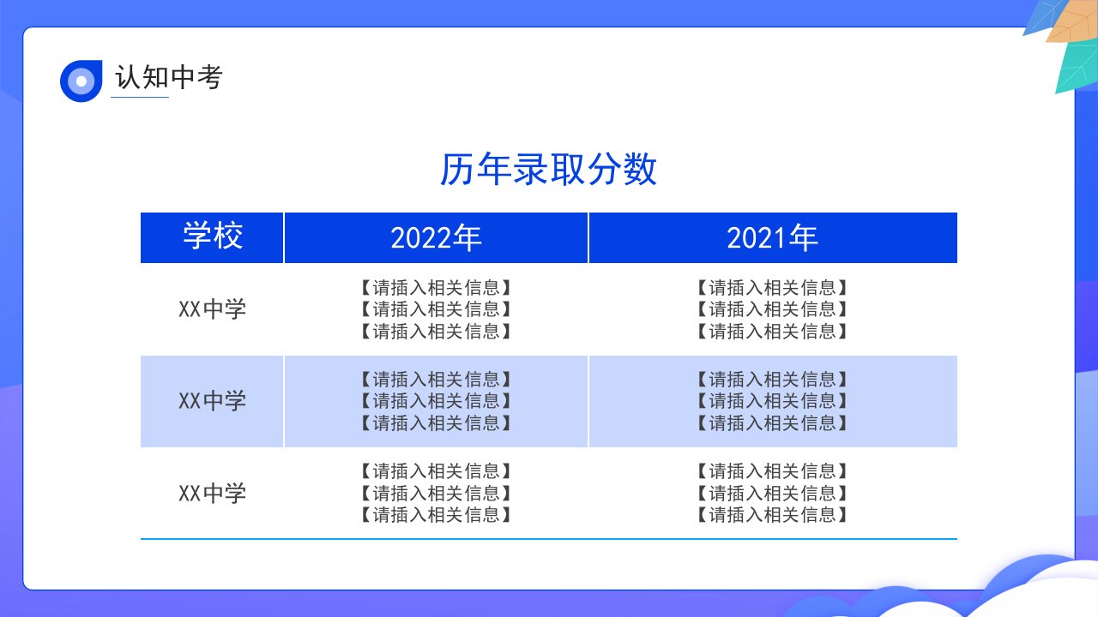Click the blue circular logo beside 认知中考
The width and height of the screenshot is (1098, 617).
81,81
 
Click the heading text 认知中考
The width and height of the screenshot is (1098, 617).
169,77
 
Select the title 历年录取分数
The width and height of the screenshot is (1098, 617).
548,170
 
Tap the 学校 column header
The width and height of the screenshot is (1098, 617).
212,237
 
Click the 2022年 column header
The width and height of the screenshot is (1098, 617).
436,237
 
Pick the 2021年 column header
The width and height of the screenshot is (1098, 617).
773,237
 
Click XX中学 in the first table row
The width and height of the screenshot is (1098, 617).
212,309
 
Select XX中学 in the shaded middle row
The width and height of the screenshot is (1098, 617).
212,401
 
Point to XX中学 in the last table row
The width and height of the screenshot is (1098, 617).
212,493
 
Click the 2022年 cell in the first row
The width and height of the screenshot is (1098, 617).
436,309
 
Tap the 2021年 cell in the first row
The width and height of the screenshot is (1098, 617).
773,309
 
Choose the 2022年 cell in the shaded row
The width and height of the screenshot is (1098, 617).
436,401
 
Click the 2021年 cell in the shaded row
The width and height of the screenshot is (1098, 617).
773,401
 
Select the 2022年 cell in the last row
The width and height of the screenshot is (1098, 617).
436,493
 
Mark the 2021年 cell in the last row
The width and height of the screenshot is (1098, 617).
773,493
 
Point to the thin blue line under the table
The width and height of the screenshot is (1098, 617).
549,539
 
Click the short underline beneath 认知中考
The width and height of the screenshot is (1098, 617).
140,97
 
